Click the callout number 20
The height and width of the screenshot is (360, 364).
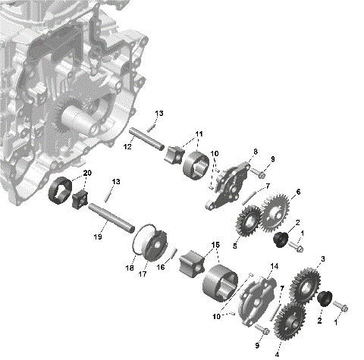(87, 173)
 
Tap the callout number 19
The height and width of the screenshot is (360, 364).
(97, 237)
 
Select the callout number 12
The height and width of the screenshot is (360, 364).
(127, 146)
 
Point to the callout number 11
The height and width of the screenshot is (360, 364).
(199, 134)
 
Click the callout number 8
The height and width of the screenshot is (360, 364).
(255, 152)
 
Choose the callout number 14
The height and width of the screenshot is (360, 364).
(274, 267)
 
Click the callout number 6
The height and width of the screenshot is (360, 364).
(297, 192)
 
